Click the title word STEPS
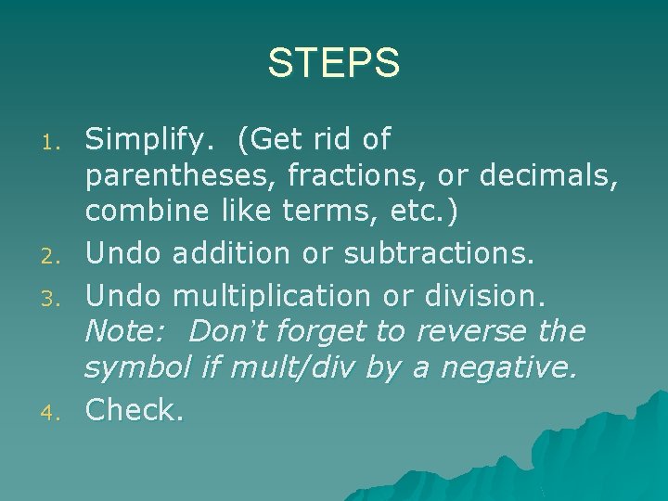tap(334, 64)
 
